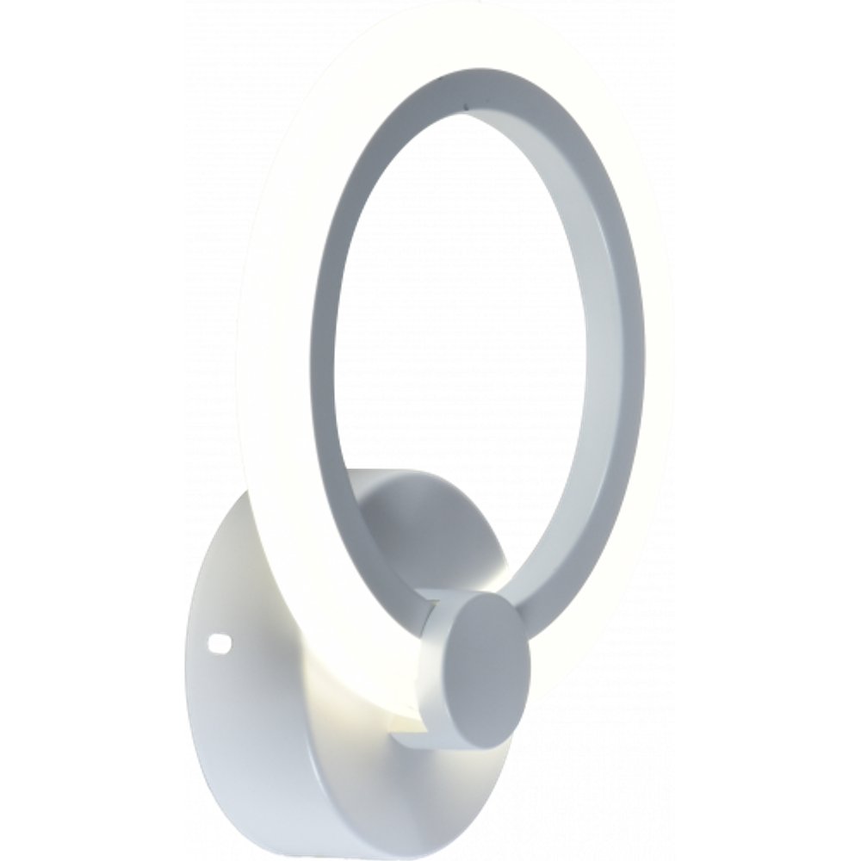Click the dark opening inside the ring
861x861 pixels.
tap(465, 327)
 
